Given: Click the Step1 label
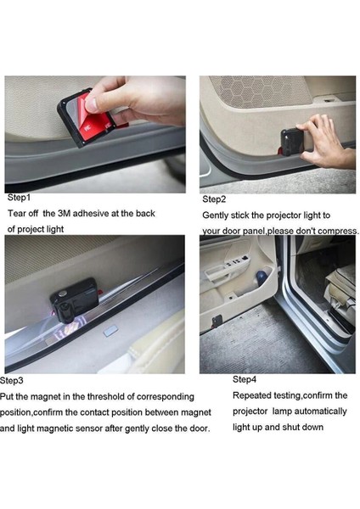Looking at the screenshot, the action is point(19,198).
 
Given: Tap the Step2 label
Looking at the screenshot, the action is point(214,199).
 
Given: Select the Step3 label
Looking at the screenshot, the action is point(12,380).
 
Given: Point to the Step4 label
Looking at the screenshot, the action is point(245,379).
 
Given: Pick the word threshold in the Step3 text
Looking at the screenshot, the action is point(105,396).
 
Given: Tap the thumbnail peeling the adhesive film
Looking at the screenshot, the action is point(91,104).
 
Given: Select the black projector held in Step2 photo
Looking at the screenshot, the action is point(291,142).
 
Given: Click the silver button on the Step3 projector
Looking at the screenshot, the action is point(63,294).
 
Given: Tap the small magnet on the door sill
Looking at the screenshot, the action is point(110,332).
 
